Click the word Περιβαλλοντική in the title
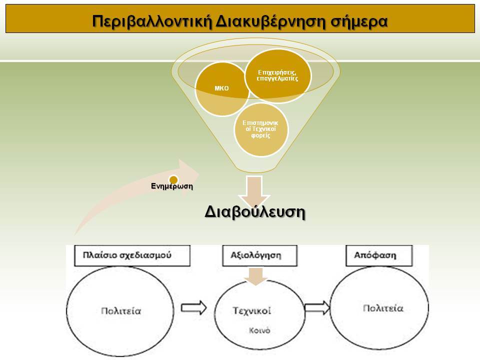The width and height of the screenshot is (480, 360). (152, 21)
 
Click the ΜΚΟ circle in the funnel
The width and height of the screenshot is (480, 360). (222, 89)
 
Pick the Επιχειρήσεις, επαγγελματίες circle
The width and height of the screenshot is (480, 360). (277, 75)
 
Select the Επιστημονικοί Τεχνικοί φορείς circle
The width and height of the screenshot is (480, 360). (261, 129)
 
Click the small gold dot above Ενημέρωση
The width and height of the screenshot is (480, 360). (173, 179)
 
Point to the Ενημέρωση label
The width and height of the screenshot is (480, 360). (172, 186)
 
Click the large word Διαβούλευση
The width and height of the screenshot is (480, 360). (254, 212)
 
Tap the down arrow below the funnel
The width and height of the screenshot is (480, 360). (254, 190)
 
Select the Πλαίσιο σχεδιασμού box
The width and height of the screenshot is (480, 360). (132, 255)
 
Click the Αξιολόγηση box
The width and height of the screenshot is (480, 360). (259, 255)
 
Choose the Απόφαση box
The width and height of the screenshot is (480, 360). (379, 255)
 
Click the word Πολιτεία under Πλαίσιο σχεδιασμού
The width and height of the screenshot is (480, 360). (121, 311)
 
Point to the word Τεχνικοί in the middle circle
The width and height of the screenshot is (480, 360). (252, 310)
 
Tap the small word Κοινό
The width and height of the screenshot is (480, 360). (259, 330)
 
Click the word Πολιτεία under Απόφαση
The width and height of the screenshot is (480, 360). (383, 308)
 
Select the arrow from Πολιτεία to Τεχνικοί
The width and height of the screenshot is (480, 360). (194, 307)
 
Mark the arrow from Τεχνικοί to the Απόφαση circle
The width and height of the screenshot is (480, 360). (317, 307)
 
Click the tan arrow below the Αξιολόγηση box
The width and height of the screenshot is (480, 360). (256, 276)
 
